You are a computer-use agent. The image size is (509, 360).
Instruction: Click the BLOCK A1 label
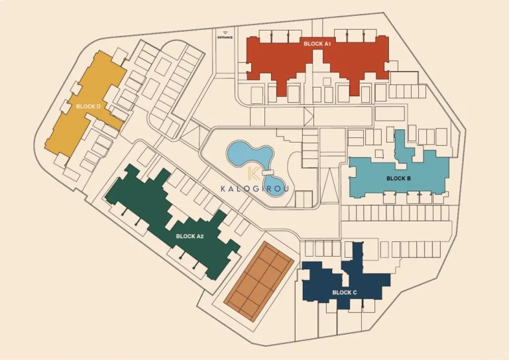point(317,44)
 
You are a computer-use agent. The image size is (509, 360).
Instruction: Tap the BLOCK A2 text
point(190,236)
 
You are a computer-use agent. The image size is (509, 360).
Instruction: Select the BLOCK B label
point(398,178)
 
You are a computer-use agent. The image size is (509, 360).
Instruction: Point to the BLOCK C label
point(345,292)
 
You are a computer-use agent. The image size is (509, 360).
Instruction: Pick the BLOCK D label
point(87,106)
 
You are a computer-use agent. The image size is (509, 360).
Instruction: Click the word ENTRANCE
point(225,38)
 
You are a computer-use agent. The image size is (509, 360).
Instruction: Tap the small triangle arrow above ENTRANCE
point(225,32)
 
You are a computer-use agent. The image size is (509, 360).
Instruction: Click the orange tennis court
point(258,278)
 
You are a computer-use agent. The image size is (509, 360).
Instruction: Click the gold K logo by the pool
point(252,174)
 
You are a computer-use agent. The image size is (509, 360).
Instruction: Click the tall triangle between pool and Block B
point(329,182)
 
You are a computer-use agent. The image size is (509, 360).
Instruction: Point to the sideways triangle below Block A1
point(308,117)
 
